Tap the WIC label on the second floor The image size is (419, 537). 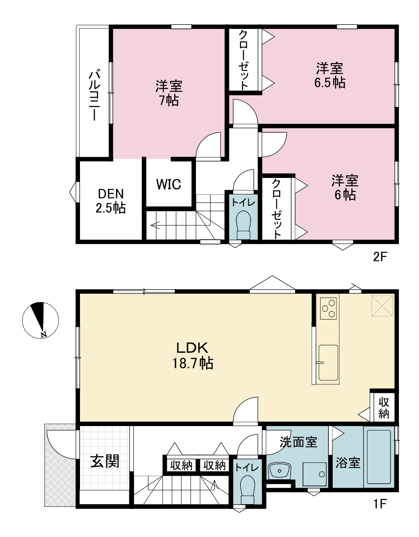169,184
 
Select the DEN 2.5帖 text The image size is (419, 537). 111,201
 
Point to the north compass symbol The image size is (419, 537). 40,320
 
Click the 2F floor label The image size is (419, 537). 379,257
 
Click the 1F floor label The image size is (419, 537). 379,523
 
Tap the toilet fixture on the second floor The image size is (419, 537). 243,225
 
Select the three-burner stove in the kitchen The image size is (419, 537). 328,308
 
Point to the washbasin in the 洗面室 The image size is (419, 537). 280,469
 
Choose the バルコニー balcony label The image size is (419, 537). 94,96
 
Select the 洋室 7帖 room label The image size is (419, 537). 169,93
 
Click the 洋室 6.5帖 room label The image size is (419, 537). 330,75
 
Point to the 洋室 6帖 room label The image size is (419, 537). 345,187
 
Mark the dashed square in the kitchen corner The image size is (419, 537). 382,306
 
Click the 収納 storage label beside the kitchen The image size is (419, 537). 383,410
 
